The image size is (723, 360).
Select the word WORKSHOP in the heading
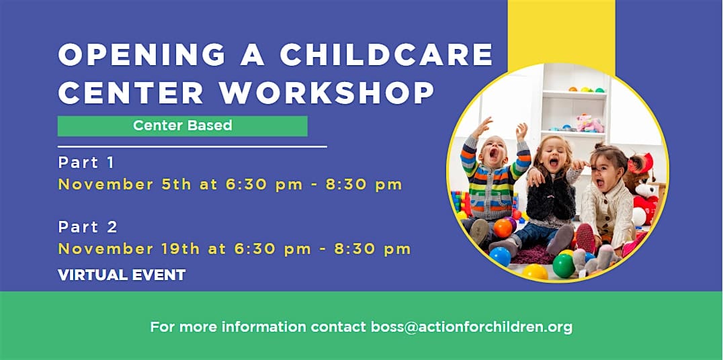point(327,93)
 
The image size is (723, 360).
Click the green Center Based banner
point(183,126)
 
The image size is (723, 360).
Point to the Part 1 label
point(86,163)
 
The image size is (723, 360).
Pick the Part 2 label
point(87,227)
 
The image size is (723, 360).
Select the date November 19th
point(129,249)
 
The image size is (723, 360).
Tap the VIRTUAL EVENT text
point(122,275)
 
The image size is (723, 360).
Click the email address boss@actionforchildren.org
point(472,327)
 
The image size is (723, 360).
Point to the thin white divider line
point(192,147)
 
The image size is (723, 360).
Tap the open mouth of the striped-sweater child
point(494,155)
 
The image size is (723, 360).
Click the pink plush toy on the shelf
point(589,123)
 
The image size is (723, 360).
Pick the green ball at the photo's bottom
point(564,266)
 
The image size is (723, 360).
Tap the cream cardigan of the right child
point(607,210)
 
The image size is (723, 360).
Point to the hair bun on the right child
point(599,146)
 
